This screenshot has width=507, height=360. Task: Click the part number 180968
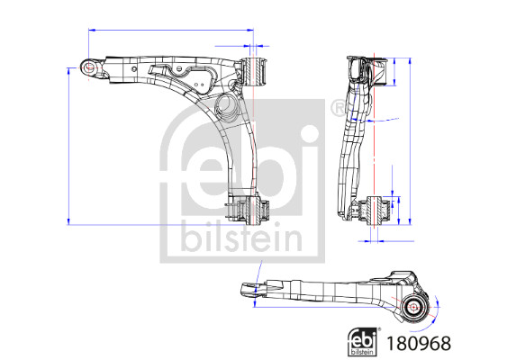[x=419, y=343]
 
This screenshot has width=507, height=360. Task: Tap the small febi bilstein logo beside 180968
[x=363, y=342]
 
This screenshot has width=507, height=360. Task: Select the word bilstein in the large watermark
[x=242, y=238]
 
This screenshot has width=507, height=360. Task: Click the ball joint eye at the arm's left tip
[x=90, y=67]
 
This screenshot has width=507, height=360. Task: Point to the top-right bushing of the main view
[x=255, y=70]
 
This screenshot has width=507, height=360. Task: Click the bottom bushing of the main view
[x=253, y=210]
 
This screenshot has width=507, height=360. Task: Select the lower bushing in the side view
[x=374, y=210]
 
